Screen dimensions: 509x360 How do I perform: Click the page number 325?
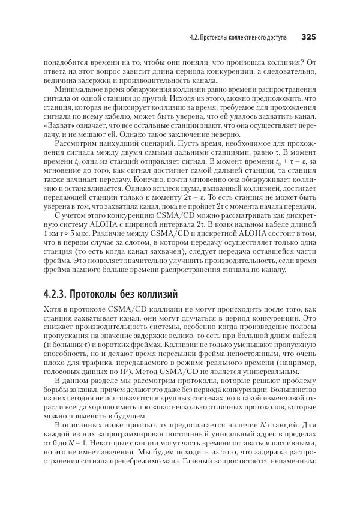(x=308, y=37)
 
